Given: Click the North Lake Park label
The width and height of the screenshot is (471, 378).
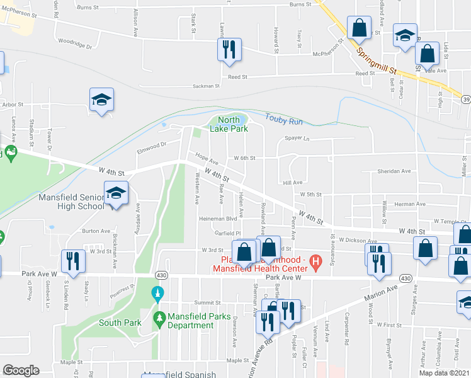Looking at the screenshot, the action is tap(232, 124).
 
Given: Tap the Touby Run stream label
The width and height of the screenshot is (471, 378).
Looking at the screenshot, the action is tap(284, 118).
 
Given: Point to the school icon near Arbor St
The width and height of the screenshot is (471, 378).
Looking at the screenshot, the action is tap(101, 100).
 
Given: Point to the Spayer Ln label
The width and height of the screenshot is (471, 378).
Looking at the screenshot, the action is tap(298, 138).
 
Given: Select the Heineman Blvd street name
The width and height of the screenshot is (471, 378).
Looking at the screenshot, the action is tap(218, 219).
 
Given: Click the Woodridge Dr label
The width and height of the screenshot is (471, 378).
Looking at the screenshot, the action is tap(74, 47).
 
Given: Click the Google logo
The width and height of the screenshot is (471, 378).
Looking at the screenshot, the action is tap(21, 370).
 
